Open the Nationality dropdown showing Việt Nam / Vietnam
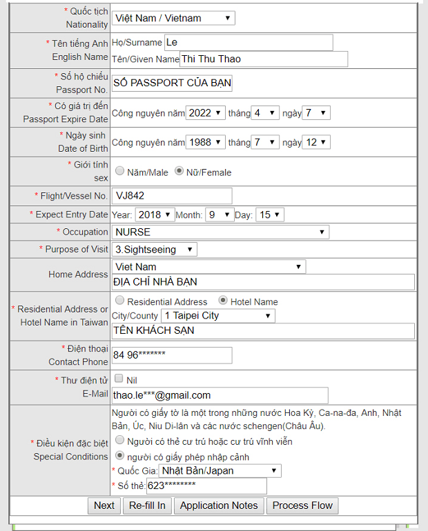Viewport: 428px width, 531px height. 173,18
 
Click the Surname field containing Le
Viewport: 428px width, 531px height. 248,42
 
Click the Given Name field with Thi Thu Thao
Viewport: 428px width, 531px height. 263,59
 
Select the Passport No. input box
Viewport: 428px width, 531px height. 172,83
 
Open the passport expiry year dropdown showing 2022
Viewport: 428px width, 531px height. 206,112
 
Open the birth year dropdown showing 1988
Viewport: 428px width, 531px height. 206,142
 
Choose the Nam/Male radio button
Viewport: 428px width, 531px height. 120,171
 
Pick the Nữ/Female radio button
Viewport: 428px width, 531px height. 179,171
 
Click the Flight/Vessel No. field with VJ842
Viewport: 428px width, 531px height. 172,196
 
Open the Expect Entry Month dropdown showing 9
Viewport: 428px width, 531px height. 220,214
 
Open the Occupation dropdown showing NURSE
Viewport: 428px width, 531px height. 220,232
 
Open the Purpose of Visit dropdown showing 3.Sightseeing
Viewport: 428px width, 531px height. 155,249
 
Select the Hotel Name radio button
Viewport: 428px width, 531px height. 224,301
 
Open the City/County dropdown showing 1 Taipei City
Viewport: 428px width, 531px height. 217,316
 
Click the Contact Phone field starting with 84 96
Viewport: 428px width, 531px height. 172,355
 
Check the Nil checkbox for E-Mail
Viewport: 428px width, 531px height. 119,379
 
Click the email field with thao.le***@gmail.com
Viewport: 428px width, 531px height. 220,395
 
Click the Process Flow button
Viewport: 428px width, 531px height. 302,505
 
